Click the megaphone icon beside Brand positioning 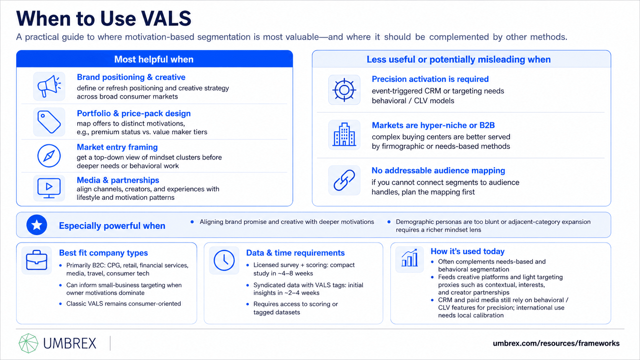pos(49,86)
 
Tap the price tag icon pos(49,122)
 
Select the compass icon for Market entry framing pos(49,156)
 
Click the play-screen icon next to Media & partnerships pos(49,188)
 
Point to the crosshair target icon pos(344,90)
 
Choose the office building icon pos(344,134)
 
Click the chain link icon pos(344,180)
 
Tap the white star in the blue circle pos(37,225)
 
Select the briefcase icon pos(37,260)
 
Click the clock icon pos(224,260)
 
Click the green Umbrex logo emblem pos(28,343)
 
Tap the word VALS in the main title pos(166,19)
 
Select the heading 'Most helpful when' pos(154,59)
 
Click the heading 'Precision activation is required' pos(430,79)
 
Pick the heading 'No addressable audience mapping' pos(438,171)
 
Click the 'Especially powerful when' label pos(112,226)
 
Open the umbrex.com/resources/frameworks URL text pos(556,343)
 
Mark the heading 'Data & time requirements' pos(296,252)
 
